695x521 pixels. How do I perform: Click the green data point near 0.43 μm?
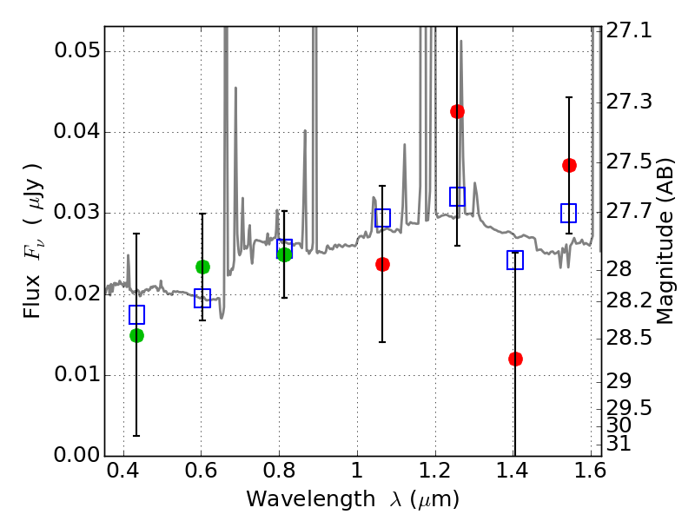[x=136, y=335]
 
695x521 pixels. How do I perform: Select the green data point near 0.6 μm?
[x=202, y=267]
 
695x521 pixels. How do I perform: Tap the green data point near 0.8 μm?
[x=284, y=254]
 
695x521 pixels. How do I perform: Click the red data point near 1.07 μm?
[x=382, y=264]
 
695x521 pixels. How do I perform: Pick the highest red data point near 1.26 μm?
[x=457, y=111]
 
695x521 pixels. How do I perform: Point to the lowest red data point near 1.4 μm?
[x=515, y=359]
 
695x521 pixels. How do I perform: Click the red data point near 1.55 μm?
[x=569, y=165]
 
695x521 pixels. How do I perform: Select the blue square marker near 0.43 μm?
[x=136, y=314]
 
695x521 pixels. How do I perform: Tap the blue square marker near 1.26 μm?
[x=457, y=196]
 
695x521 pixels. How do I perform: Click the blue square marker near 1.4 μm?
[x=515, y=260]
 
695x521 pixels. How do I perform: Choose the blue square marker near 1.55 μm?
[x=569, y=213]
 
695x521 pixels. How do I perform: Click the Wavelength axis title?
[x=352, y=500]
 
